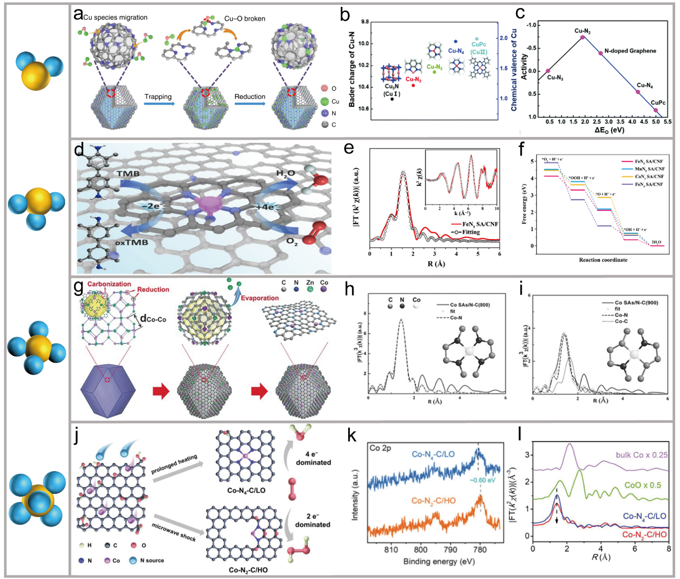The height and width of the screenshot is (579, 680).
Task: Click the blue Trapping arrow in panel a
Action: pyautogui.click(x=159, y=104)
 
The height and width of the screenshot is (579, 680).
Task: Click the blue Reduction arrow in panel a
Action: pyautogui.click(x=250, y=104)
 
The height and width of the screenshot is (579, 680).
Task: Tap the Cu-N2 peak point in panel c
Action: pyautogui.click(x=583, y=37)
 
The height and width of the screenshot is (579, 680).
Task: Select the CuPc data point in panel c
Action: pyautogui.click(x=656, y=110)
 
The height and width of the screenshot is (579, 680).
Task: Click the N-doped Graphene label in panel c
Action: pyautogui.click(x=630, y=51)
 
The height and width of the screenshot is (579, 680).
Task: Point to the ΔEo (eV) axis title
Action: pyautogui.click(x=602, y=130)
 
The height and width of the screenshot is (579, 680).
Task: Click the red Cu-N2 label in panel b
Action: pyautogui.click(x=413, y=79)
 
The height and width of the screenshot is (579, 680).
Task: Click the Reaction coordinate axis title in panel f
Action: pyautogui.click(x=603, y=260)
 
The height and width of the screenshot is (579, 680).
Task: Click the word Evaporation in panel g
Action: pyautogui.click(x=259, y=298)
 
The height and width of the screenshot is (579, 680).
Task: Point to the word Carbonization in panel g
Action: pyautogui.click(x=109, y=284)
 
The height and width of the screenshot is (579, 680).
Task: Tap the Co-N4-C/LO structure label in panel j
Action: pyautogui.click(x=246, y=490)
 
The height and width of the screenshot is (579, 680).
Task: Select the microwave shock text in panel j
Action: pyautogui.click(x=174, y=531)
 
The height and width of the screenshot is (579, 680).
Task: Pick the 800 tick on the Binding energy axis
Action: pyautogui.click(x=421, y=550)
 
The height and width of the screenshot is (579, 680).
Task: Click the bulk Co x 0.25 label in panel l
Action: pyautogui.click(x=641, y=455)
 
